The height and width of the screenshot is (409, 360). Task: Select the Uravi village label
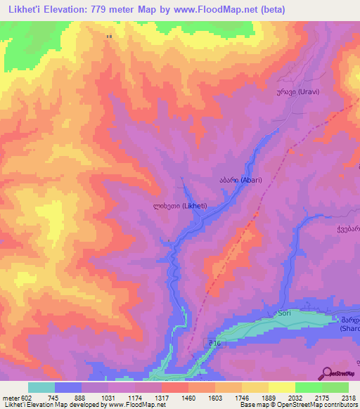pos(285,92)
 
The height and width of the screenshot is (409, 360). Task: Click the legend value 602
pos(27,398)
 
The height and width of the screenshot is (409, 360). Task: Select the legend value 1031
pos(110,398)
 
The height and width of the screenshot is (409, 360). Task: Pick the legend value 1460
pos(188,398)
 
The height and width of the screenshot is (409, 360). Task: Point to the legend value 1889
pos(269,398)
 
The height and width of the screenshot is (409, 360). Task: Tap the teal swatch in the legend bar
pos(41,387)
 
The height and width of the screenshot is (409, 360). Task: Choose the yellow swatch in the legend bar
pos(281,387)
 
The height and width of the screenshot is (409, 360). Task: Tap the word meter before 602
pos(11,398)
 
